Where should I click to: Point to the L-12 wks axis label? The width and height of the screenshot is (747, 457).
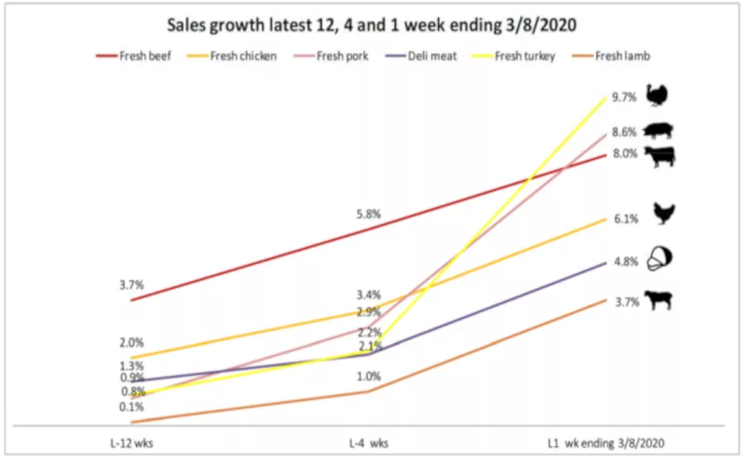[x=132, y=442]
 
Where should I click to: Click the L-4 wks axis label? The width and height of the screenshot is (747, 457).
[x=369, y=442]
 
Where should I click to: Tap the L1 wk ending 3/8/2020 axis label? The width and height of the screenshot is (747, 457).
[x=607, y=442]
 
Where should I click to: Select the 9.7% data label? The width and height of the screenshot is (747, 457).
[x=624, y=97]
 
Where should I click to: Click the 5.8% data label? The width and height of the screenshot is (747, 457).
[x=369, y=214]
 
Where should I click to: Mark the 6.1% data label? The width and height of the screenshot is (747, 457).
[x=625, y=219]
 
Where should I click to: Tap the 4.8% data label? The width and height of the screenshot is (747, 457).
[x=625, y=261]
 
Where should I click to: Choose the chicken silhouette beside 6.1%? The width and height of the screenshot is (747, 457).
[x=663, y=214]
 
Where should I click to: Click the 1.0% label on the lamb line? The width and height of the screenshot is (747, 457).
[x=369, y=376]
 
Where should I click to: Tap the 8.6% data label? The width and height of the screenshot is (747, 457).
[x=624, y=131]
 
